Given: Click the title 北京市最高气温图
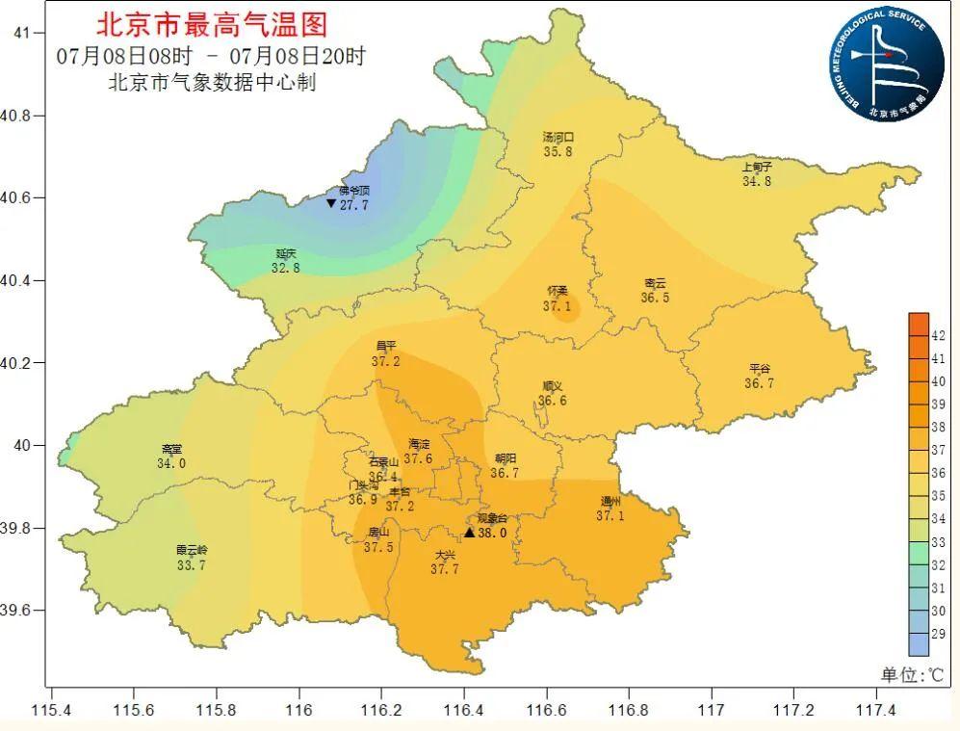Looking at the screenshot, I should point(211,23).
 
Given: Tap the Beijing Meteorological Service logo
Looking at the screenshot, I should point(887,65).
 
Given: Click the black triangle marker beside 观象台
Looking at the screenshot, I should point(470,533).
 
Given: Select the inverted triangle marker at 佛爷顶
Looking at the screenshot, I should point(331,203).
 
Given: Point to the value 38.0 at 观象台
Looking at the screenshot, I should point(492,532).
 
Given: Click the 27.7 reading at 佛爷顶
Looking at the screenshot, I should point(354,204).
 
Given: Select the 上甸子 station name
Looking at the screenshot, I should point(757,167).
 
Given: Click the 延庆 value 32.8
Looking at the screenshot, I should point(285,268).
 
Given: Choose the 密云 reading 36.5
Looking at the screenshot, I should point(655,298).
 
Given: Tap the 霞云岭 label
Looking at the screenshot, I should point(191,551).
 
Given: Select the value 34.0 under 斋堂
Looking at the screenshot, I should point(171,463).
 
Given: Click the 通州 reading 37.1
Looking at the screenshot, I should point(610,516).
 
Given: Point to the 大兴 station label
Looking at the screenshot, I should point(444,556).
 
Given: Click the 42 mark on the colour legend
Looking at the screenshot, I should point(938,336).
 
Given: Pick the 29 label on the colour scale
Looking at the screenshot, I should point(938,634).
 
